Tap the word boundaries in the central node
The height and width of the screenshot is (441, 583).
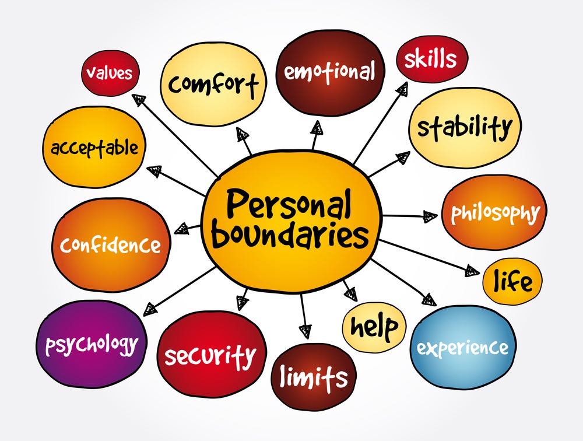point(290,235)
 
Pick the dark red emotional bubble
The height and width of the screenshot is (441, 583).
point(330,72)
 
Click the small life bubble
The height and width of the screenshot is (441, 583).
point(512,281)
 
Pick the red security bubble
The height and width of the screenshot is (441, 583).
point(210,354)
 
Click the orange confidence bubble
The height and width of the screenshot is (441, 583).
point(110,244)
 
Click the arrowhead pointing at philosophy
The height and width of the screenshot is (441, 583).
point(430,216)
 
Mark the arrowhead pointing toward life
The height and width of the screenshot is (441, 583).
point(472,271)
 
